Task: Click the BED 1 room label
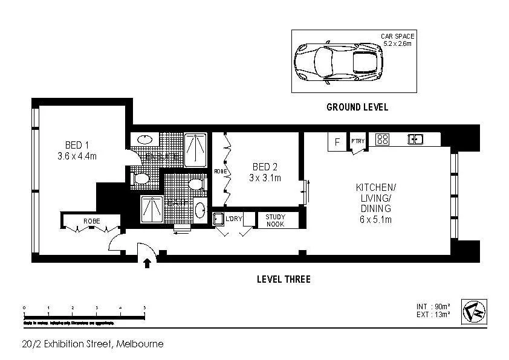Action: [77, 145]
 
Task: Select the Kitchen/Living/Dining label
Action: [375, 198]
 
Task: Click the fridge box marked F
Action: [336, 142]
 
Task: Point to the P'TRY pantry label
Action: [358, 142]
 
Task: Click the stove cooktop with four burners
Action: [382, 140]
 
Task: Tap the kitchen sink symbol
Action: [415, 140]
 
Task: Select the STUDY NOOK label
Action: [271, 220]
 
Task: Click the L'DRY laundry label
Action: [233, 218]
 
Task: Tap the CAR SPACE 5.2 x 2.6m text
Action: [397, 40]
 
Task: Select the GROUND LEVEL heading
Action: [357, 108]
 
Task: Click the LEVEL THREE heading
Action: [284, 279]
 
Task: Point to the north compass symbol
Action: [474, 312]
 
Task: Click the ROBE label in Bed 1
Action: [91, 220]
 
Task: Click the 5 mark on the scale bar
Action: [144, 309]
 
